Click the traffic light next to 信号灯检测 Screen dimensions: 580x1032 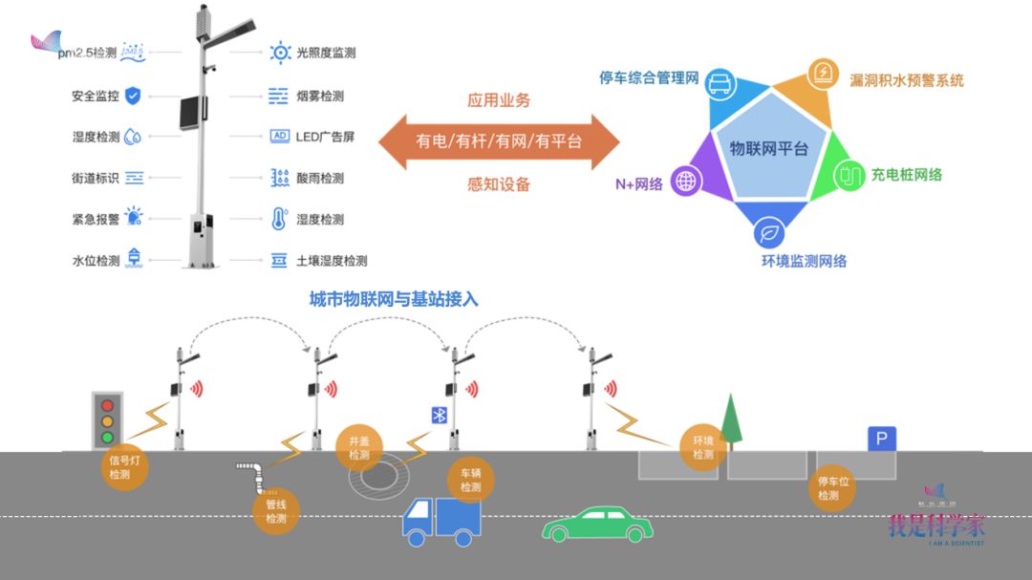pos(108,419)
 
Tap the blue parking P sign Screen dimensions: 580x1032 pos(882,440)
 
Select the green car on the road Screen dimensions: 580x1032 pos(598,525)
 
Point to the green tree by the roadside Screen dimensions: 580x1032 pos(732,421)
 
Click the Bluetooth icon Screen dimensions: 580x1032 pos(439,415)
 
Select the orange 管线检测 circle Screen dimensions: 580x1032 pos(276,511)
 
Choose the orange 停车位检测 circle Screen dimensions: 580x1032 pos(828,488)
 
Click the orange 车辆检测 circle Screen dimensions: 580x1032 pos(471,480)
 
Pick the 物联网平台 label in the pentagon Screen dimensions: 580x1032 pos(768,149)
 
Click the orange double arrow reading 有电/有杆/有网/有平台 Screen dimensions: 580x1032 pos(499,141)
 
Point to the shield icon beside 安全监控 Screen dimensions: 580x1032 pos(133,96)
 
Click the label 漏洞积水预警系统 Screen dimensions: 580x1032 pos(906,80)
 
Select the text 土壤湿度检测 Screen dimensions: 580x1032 pos(332,261)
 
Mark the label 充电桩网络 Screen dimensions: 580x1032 pos(906,175)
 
